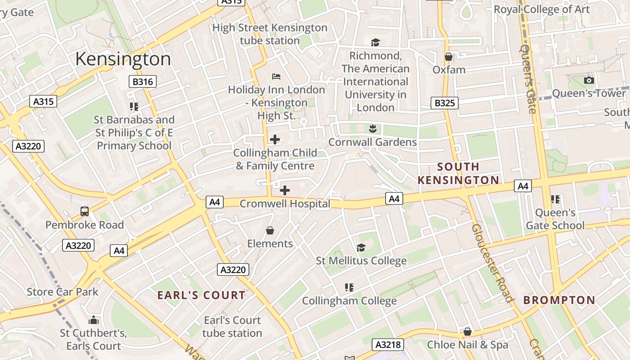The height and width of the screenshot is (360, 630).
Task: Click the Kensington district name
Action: point(123,59)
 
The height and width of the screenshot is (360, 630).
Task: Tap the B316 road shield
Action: point(143,81)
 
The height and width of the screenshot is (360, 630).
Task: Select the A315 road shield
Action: point(44,101)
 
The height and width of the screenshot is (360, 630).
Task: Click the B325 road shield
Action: point(445,103)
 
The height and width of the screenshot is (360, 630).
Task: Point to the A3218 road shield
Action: point(388,345)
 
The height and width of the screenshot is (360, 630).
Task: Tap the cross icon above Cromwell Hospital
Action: point(284,190)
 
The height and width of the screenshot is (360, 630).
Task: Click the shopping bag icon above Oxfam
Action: point(449,57)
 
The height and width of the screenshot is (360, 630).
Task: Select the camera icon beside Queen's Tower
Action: point(589,81)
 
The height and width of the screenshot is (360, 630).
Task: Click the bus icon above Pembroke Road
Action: point(84,211)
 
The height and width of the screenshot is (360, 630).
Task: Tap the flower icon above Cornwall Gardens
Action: point(372,129)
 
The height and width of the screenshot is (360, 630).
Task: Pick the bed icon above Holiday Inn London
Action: point(276,76)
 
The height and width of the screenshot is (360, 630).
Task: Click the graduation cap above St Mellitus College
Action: point(361,247)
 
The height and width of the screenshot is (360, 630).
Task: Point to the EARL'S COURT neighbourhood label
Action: point(201,295)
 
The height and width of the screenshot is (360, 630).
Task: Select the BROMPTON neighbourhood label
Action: point(559,300)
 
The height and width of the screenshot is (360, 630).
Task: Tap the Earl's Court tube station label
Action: point(232,327)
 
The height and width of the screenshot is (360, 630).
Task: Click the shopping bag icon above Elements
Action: point(270,230)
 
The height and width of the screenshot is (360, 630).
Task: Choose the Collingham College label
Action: point(349,301)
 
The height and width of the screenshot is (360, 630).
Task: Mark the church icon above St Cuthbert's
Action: point(94,320)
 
